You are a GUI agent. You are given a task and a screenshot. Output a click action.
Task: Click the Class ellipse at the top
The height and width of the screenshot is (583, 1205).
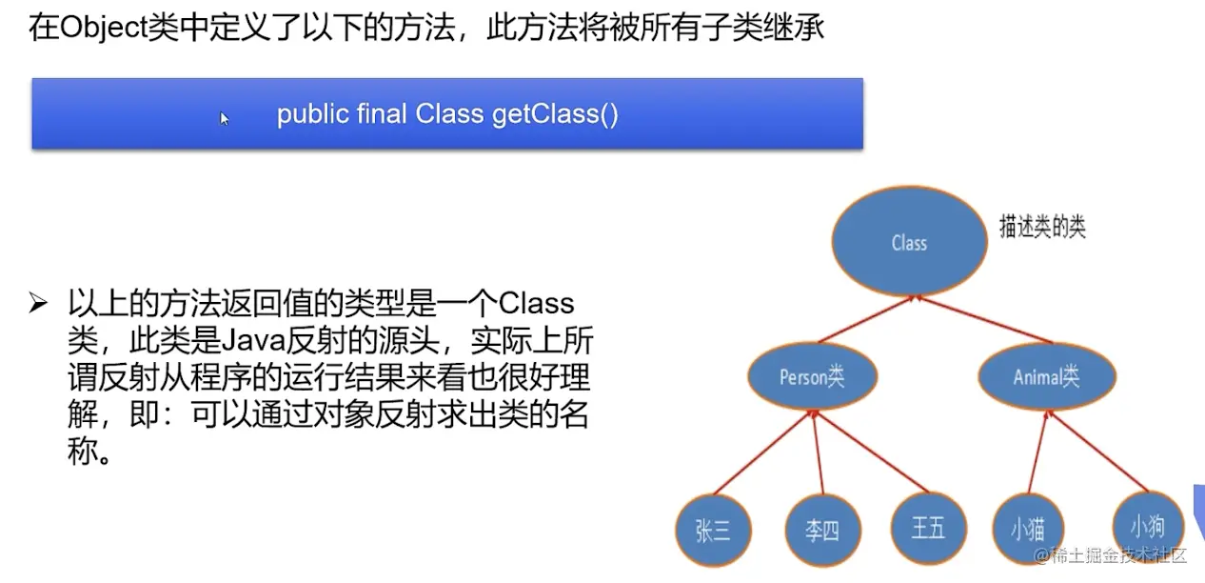pyautogui.click(x=909, y=243)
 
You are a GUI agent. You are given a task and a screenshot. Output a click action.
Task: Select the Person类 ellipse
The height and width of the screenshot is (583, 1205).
pyautogui.click(x=811, y=377)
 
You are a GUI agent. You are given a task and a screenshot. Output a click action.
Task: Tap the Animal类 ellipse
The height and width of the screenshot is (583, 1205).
pyautogui.click(x=1046, y=377)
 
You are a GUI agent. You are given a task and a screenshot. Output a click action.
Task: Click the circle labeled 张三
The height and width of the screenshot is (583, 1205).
pyautogui.click(x=713, y=531)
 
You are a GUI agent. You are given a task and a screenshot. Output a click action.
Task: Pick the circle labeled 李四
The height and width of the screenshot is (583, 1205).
pyautogui.click(x=822, y=531)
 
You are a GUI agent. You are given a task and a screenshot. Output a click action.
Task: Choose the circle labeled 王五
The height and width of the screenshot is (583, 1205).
pyautogui.click(x=928, y=529)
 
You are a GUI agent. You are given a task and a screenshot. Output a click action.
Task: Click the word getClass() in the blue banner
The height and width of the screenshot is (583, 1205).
pyautogui.click(x=555, y=115)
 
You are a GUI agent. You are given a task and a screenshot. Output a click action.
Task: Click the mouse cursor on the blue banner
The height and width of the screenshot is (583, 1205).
pyautogui.click(x=224, y=118)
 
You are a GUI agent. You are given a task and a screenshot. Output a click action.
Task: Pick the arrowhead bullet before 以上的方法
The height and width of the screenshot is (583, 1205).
pyautogui.click(x=38, y=304)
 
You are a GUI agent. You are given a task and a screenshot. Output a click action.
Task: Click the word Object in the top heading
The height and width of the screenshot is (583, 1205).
pyautogui.click(x=103, y=28)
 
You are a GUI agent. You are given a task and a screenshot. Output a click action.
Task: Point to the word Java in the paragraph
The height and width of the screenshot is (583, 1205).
pyautogui.click(x=251, y=341)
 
